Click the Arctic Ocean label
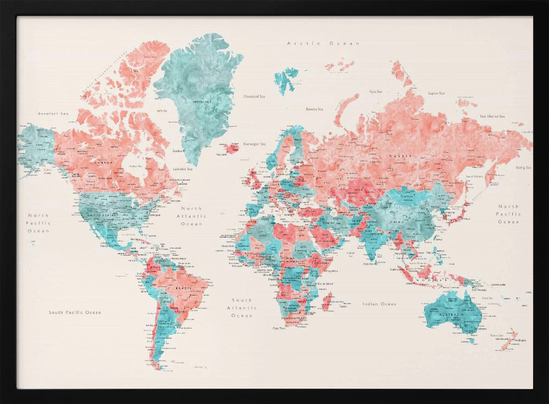pyautogui.click(x=323, y=43)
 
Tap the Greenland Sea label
pyautogui.click(x=254, y=96)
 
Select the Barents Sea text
pyautogui.click(x=315, y=109)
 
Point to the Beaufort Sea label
pyautogui.click(x=53, y=113)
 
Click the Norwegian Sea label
pyautogui.click(x=254, y=144)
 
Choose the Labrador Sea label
pyautogui.click(x=182, y=169)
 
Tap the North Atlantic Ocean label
pyautogui.click(x=192, y=216)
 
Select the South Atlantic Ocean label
pyautogui.click(x=242, y=308)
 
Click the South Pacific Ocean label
pyautogui.click(x=75, y=312)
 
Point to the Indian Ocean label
pyautogui.click(x=379, y=304)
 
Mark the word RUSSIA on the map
pyautogui.click(x=400, y=156)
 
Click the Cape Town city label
pyautogui.click(x=279, y=328)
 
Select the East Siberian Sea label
pyautogui.click(x=492, y=116)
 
